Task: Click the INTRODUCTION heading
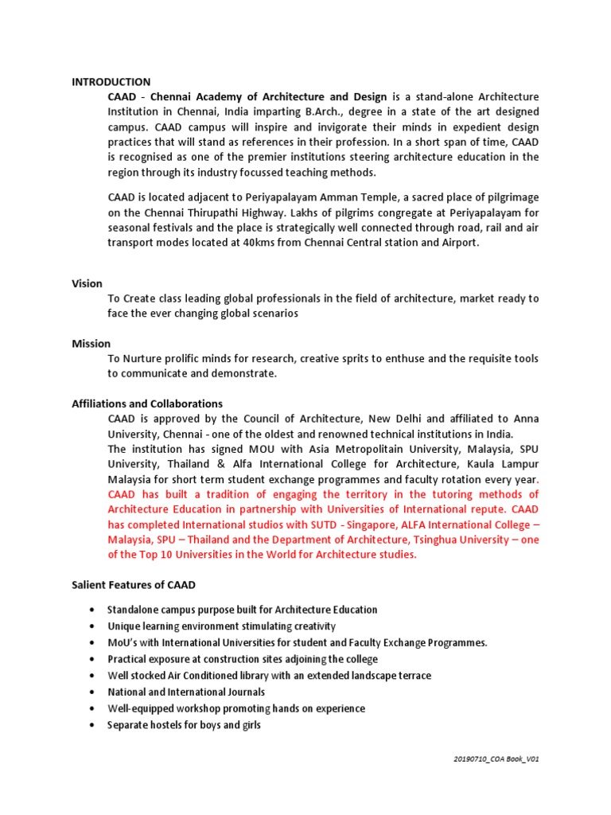coord(111,81)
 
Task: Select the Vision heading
coord(87,283)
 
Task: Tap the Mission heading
coord(91,343)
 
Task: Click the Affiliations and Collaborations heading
coord(147,404)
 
